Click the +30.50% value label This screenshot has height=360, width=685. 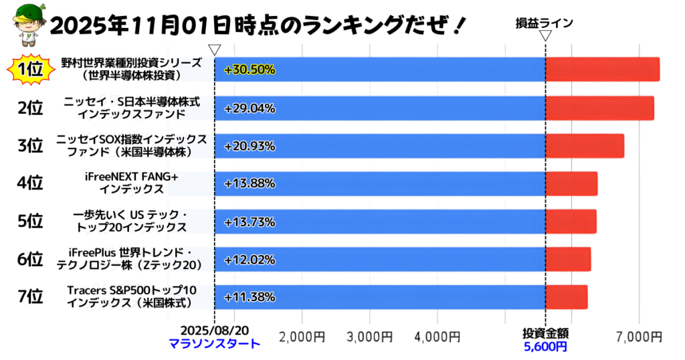[x=250, y=70]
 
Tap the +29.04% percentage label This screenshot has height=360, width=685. [x=250, y=108]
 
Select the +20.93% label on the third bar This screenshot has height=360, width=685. [x=250, y=146]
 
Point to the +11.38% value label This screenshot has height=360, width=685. [x=250, y=297]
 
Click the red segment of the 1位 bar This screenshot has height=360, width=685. [x=602, y=70]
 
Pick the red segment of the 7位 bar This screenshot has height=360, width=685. [x=566, y=297]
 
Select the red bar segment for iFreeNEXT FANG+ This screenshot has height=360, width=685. [x=571, y=183]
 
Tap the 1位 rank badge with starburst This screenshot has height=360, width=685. [x=30, y=70]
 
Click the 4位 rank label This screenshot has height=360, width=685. [x=30, y=183]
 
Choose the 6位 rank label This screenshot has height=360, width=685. [x=30, y=259]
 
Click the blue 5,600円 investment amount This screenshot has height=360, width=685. [x=545, y=347]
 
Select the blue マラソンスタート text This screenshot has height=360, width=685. [x=214, y=345]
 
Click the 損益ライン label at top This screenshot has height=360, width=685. [x=544, y=23]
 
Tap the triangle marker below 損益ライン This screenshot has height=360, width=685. [x=545, y=35]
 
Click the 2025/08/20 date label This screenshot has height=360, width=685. [x=214, y=333]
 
